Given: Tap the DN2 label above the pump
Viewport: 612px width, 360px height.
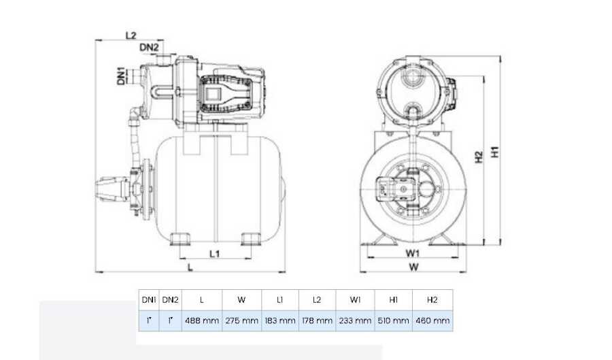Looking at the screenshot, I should click(149, 47).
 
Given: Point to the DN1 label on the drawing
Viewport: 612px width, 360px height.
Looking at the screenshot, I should click(120, 75).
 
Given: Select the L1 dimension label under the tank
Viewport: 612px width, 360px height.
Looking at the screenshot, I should click(214, 254).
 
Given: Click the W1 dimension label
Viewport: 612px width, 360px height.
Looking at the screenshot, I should click(413, 253).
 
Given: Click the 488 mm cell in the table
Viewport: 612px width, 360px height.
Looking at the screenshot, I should click(201, 320).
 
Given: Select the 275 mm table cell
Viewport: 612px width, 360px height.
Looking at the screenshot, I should click(242, 320).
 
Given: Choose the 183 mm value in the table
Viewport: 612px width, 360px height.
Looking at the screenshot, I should click(279, 320).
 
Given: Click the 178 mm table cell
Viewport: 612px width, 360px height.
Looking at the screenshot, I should click(317, 320).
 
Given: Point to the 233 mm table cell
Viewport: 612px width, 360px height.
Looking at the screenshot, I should click(355, 320).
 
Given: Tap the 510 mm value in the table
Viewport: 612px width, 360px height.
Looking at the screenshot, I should click(393, 320).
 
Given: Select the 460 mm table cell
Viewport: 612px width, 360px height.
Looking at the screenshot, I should click(432, 320).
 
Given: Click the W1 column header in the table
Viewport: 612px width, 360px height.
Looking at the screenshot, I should click(355, 299).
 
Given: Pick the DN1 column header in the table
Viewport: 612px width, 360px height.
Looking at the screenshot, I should click(148, 299).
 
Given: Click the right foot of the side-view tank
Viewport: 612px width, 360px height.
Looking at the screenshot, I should click(250, 240).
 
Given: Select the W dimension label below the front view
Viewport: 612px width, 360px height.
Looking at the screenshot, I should click(413, 267).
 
